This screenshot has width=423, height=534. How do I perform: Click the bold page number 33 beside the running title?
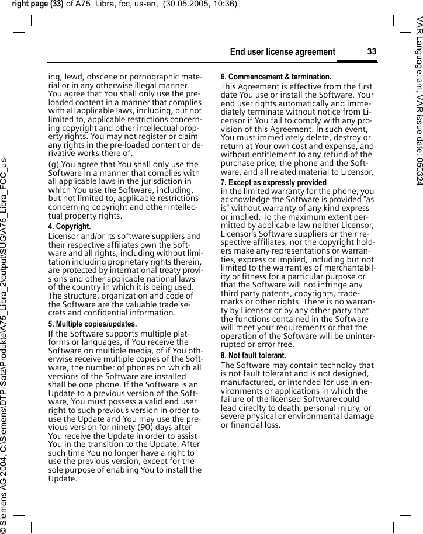[x=372, y=52]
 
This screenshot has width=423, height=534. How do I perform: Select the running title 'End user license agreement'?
[x=283, y=52]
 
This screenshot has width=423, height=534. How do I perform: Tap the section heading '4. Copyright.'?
[x=69, y=226]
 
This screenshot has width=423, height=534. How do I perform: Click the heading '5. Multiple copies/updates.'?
[x=92, y=324]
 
